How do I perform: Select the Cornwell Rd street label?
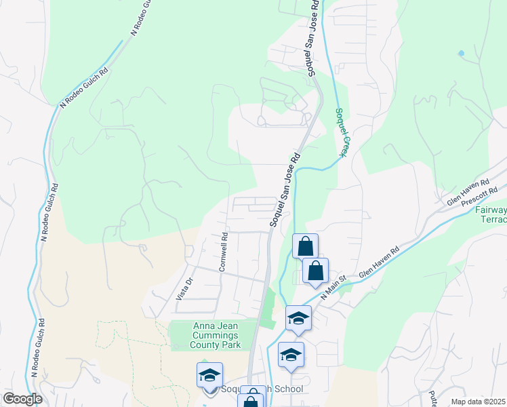(223, 252)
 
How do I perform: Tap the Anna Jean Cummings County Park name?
(213, 334)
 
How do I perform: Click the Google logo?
(23, 399)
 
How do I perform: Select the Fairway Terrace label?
(490, 215)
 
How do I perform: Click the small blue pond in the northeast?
(461, 53)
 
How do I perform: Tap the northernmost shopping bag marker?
(305, 246)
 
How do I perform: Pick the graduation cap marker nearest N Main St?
(298, 318)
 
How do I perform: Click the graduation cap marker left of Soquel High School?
(210, 375)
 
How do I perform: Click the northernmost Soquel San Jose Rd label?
(312, 38)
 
